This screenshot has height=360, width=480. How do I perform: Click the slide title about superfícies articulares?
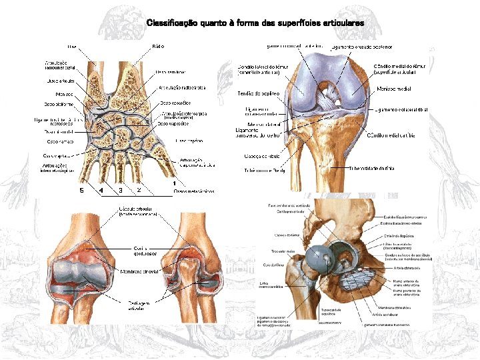(255, 23)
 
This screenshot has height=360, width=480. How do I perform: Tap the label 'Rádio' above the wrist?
(158, 47)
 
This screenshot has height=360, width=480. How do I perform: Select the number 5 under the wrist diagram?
(81, 191)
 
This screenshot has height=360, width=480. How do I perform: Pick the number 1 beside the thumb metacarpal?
(174, 183)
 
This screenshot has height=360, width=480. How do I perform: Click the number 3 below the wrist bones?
(120, 191)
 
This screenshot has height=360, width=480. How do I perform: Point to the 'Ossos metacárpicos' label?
(194, 191)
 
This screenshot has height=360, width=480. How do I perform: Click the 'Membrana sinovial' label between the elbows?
(138, 272)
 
